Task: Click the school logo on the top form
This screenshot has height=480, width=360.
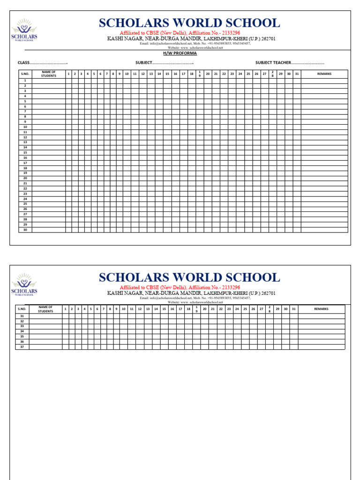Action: coord(24,30)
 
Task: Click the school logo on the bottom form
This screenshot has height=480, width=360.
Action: coord(24,285)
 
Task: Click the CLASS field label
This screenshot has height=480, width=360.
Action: coord(24,63)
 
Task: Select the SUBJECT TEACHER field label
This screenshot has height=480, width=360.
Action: coord(273,63)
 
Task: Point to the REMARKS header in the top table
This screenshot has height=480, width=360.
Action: coord(324,74)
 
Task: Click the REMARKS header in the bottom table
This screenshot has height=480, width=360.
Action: coord(321,309)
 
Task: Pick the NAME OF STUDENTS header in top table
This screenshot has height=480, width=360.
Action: coord(48,74)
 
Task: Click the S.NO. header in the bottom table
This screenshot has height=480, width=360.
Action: coord(22,309)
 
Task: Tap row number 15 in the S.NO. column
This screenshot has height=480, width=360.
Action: coord(25,153)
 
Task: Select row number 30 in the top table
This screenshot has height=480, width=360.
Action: coord(25,230)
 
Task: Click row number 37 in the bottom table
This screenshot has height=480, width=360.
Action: coord(22,347)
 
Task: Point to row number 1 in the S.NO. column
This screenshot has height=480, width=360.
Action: coord(25,81)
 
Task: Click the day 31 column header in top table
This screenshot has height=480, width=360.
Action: coord(296,74)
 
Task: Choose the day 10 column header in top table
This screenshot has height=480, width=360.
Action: coord(127,74)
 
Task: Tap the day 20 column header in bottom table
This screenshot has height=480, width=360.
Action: coord(204,309)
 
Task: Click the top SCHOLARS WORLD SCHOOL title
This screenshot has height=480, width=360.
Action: coord(189,23)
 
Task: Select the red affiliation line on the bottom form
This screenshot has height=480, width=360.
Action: coord(180,287)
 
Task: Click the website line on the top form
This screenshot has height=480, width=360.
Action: coord(195,48)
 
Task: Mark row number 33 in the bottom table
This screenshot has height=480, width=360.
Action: coord(22,326)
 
